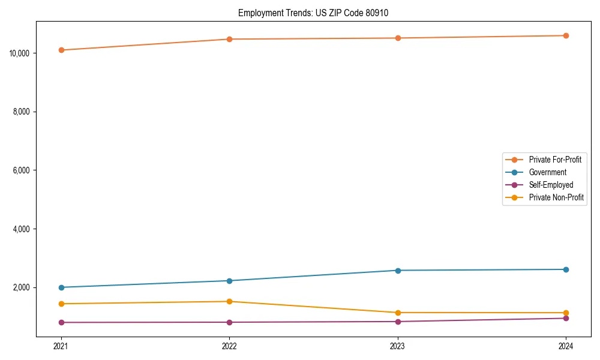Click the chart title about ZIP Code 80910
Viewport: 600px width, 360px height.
tap(313, 13)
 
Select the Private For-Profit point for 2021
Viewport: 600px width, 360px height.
tap(61, 50)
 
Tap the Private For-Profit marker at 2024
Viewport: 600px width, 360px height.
tap(566, 36)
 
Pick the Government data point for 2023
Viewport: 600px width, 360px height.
tap(397, 271)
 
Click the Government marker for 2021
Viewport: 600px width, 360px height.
tap(61, 287)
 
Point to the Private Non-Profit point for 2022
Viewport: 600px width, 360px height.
tap(229, 302)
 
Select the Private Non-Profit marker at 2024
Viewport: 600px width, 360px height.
tap(566, 313)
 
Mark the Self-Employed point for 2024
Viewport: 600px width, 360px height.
tap(566, 319)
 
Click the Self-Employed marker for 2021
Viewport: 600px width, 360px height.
tap(61, 323)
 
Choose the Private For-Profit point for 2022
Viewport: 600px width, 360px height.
tap(229, 40)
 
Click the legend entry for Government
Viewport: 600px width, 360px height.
tap(547, 172)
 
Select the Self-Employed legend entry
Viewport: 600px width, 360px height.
tap(551, 185)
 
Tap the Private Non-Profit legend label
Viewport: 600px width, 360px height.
tap(556, 197)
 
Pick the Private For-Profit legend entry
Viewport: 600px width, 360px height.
tap(555, 160)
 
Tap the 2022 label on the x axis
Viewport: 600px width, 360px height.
tap(229, 346)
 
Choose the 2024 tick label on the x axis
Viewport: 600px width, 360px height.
tap(566, 346)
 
